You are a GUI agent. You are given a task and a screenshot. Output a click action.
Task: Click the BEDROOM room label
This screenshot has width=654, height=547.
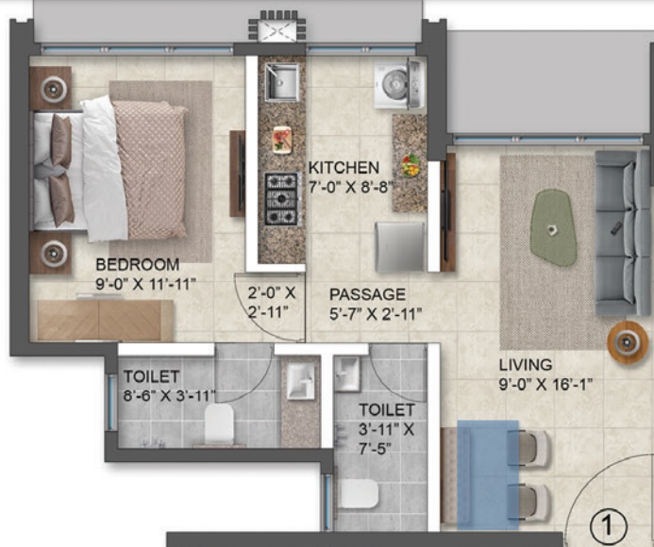(137, 265)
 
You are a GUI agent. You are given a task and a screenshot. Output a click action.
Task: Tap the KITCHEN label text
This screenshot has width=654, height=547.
(344, 168)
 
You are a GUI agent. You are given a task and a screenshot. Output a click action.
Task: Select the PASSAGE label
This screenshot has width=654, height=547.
(367, 294)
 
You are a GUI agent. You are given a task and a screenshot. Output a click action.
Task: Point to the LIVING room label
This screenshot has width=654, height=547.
(526, 365)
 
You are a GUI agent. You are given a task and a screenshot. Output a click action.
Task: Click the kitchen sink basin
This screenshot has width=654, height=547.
(282, 83)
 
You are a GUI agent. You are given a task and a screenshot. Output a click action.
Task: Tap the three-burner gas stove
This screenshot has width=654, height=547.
(283, 199)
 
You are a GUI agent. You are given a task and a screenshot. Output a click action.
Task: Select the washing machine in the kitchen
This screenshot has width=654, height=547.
(399, 85)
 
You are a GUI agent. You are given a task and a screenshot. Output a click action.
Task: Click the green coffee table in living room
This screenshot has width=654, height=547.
(554, 227)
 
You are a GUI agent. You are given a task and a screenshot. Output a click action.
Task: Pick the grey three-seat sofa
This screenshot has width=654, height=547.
(622, 233)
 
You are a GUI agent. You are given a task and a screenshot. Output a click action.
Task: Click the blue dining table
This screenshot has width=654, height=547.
(488, 474)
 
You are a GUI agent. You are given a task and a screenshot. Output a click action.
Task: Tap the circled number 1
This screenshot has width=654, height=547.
(609, 526)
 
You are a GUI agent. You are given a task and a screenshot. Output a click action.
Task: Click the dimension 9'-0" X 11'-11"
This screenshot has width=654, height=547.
(145, 284)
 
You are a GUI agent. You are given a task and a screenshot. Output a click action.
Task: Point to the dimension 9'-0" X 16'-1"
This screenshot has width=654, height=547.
(546, 384)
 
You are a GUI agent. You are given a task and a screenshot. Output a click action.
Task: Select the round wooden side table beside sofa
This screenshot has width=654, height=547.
(628, 342)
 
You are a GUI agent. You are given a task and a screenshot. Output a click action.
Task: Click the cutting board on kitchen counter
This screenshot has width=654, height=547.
(282, 140)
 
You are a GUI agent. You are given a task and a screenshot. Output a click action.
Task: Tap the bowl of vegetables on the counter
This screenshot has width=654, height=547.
(411, 166)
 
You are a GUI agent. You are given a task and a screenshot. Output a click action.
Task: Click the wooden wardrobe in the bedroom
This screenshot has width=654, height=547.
(105, 321)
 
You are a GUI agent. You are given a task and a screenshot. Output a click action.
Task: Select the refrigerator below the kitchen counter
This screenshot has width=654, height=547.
(400, 247)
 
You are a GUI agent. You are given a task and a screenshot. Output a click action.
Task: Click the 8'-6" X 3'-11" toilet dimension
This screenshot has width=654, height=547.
(169, 395)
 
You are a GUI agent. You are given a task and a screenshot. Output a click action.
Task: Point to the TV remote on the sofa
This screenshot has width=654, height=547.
(616, 228)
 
